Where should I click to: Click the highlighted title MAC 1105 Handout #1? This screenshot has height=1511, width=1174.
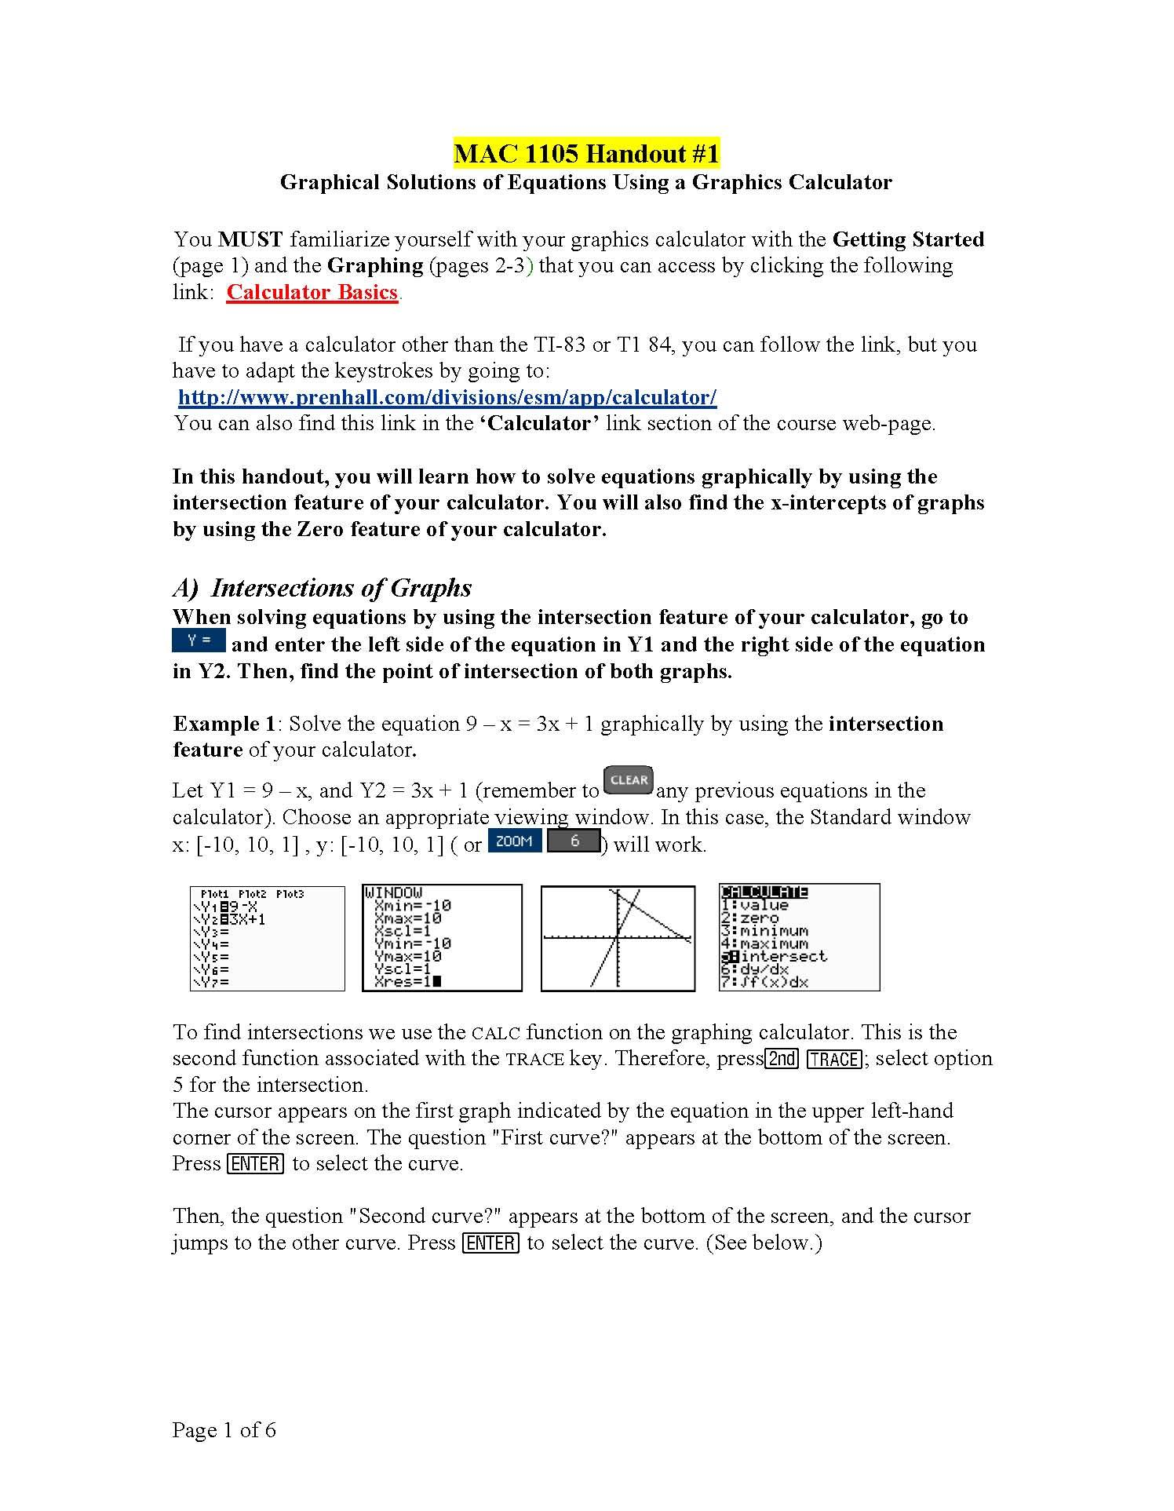586,153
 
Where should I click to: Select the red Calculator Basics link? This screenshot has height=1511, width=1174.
312,292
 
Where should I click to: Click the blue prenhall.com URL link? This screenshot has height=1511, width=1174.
447,397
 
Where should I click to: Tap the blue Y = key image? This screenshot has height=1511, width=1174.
199,641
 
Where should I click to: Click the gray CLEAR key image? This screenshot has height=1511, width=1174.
629,780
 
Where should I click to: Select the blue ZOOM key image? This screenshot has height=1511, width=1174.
514,841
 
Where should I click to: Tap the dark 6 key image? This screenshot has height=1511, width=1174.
574,841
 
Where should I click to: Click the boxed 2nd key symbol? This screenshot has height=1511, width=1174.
782,1059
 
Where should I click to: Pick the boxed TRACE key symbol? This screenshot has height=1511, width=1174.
833,1059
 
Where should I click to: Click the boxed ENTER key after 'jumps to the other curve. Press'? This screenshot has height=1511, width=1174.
491,1243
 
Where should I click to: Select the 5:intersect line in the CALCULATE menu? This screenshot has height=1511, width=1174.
775,956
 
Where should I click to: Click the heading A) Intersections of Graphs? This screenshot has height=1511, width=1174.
323,588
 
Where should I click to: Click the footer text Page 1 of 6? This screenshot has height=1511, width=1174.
224,1430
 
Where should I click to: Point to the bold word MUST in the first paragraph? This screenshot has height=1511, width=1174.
250,239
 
